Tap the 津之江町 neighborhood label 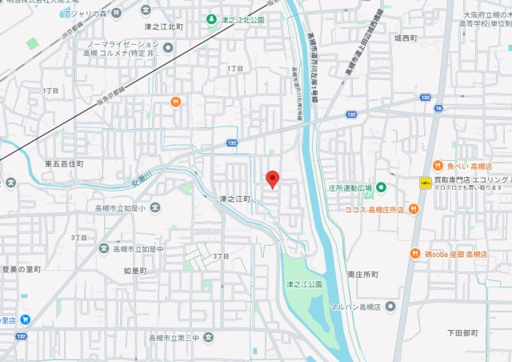tap(235, 198)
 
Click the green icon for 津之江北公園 tap(211, 18)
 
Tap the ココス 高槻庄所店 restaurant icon tap(414, 209)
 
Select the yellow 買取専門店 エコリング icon tap(423, 183)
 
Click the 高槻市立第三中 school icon tap(209, 339)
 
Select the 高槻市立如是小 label tap(120, 208)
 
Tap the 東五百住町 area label tap(65, 163)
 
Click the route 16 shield tap(438, 107)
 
